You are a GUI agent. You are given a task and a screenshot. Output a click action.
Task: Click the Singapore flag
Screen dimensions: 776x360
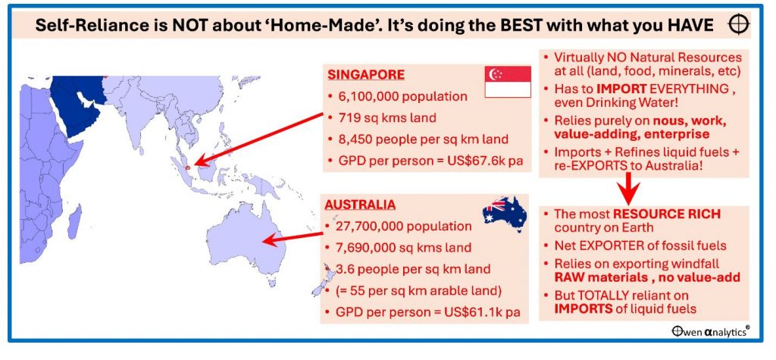coord(508,82)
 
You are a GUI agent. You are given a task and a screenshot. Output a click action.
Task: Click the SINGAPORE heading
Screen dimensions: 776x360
coord(366,75)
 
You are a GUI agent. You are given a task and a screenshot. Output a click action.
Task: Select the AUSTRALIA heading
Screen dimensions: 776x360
coord(360,205)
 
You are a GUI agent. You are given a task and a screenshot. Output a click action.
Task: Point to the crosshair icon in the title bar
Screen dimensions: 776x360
coord(739,25)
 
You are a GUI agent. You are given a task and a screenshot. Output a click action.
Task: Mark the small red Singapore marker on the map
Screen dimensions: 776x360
coord(188,167)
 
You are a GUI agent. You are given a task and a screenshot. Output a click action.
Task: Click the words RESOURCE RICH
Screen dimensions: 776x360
coord(667,214)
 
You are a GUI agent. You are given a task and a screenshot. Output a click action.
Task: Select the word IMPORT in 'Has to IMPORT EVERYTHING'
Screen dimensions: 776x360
coord(621,89)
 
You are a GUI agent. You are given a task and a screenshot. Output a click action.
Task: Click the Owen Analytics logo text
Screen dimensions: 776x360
coord(710,332)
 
